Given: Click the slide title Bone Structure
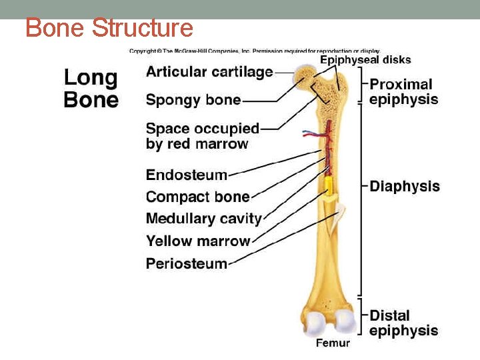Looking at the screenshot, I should (109, 29).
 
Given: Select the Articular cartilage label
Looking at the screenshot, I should (209, 72).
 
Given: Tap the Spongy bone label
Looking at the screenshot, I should (193, 100).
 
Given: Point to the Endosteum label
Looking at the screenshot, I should (187, 175).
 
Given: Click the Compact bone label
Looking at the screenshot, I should (197, 197).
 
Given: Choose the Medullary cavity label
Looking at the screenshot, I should (203, 219).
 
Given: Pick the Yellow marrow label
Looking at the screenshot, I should (198, 241).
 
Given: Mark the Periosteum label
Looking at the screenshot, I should (187, 263).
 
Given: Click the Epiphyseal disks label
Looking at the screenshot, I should (365, 60).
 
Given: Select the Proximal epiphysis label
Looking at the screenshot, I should (403, 92).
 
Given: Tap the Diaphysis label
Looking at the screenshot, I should (405, 187).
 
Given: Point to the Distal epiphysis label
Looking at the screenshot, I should (403, 323).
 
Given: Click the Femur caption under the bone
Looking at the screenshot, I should (332, 343).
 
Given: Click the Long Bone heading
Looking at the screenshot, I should (91, 89).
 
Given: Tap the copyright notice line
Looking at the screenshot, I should (255, 51).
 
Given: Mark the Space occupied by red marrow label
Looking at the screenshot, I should (202, 136).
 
